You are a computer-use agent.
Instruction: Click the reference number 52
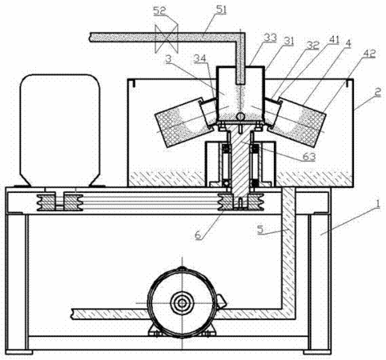[x=159, y=10]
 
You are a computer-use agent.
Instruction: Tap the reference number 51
[x=221, y=10]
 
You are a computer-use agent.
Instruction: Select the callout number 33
[x=270, y=38]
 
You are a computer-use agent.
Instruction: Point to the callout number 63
[x=309, y=157]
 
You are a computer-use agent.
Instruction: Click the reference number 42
[x=369, y=54]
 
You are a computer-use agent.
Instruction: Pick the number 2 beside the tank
[x=377, y=93]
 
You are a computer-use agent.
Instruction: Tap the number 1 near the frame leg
[x=377, y=204]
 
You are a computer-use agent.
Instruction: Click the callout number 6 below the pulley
[x=198, y=235]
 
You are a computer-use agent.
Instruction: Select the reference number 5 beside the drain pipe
[x=260, y=230]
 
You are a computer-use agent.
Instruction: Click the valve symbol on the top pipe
[x=167, y=38]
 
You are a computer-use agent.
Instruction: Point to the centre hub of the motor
[x=182, y=303]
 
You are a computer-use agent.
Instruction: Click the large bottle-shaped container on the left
[x=60, y=130]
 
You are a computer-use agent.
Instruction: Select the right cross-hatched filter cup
[x=297, y=122]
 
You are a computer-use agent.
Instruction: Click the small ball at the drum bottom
[x=241, y=116]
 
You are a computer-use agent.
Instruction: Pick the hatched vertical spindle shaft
[x=241, y=162]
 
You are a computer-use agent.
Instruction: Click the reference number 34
[x=200, y=58]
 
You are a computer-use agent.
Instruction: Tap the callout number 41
[x=333, y=40]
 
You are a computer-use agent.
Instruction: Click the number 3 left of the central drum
[x=168, y=59]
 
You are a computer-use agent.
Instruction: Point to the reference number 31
[x=288, y=42]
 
